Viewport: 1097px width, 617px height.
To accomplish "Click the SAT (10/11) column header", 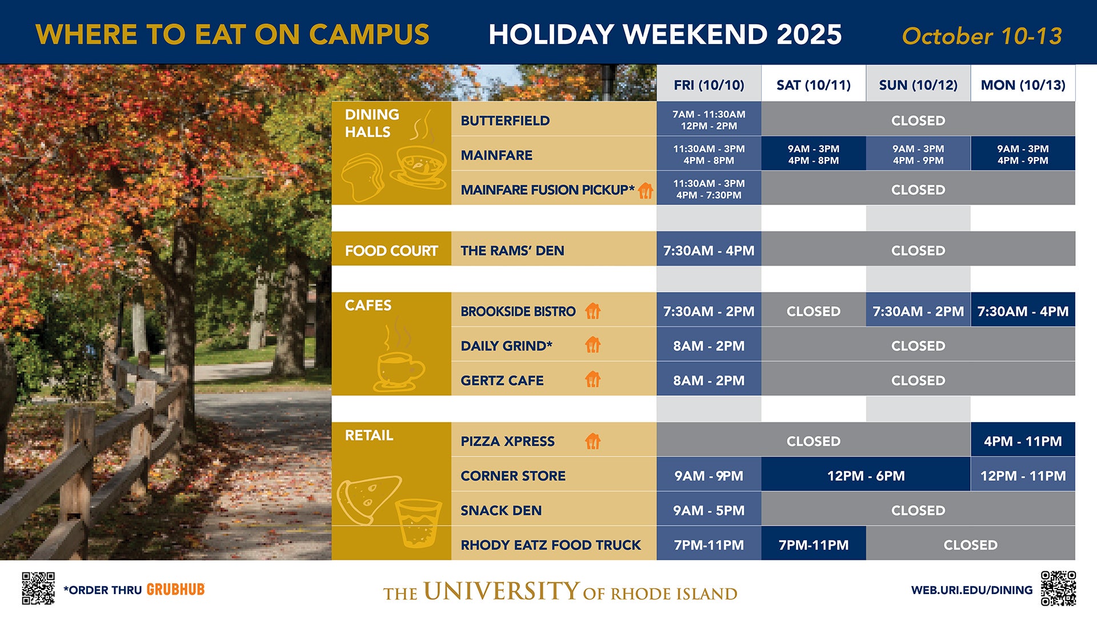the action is pyautogui.click(x=813, y=85).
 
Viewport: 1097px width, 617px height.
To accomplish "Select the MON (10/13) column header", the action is pyautogui.click(x=1023, y=85).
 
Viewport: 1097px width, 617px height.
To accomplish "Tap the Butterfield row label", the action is pyautogui.click(x=505, y=121).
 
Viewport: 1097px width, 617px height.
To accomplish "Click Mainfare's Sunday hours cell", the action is pyautogui.click(x=918, y=154).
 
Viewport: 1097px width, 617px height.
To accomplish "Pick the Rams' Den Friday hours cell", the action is pyautogui.click(x=708, y=250).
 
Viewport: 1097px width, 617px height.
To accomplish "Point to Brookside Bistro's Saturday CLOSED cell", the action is pyautogui.click(x=813, y=311).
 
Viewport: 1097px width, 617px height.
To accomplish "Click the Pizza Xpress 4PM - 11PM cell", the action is pyautogui.click(x=1023, y=441).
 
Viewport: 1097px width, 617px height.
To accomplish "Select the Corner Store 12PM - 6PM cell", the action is pyautogui.click(x=866, y=476).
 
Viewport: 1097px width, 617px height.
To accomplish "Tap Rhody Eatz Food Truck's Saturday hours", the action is pyautogui.click(x=813, y=545).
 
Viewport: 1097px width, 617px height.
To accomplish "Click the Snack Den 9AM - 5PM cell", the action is pyautogui.click(x=708, y=510).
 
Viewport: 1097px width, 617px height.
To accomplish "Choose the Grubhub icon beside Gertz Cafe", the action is pyautogui.click(x=593, y=379).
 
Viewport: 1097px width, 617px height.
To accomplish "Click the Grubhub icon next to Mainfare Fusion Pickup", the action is pyautogui.click(x=646, y=190).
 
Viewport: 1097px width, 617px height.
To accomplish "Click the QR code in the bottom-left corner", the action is pyautogui.click(x=38, y=588).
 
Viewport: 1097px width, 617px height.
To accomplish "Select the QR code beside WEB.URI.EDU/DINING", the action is pyautogui.click(x=1058, y=588).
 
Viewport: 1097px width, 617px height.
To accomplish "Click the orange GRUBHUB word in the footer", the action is pyautogui.click(x=175, y=590).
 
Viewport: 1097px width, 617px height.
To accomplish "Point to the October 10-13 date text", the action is pyautogui.click(x=982, y=36).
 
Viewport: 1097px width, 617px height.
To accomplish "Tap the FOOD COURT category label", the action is pyautogui.click(x=391, y=251).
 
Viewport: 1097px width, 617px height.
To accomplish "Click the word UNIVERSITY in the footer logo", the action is pyautogui.click(x=501, y=591).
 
